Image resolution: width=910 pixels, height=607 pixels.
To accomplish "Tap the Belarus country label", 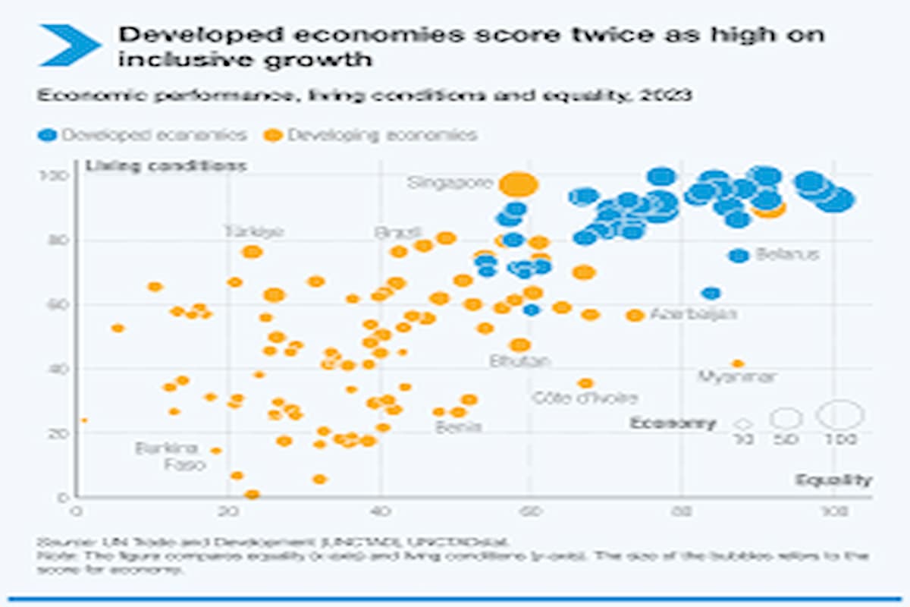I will (x=787, y=255).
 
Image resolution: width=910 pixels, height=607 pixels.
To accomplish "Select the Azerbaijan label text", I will (x=693, y=314).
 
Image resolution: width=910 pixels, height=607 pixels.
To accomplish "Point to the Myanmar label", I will (x=736, y=376).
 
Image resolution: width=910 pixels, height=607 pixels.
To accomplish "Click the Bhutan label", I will (x=520, y=361).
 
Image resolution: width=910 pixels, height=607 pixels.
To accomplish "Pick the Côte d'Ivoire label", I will (x=585, y=398).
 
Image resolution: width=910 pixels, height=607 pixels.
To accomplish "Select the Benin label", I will (x=458, y=426).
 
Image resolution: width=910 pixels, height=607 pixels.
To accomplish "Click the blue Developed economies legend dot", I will (x=48, y=136).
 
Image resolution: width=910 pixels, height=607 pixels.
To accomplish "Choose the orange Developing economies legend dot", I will (x=273, y=136).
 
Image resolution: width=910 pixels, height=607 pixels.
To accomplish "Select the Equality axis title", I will (x=833, y=480).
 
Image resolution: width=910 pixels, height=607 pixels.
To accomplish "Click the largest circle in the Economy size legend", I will (x=839, y=415).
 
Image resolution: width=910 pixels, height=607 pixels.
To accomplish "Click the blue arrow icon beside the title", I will (x=70, y=44).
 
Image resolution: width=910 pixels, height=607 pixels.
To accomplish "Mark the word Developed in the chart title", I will (x=190, y=35).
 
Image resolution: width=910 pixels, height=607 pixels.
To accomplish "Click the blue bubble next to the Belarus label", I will (x=738, y=256).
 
